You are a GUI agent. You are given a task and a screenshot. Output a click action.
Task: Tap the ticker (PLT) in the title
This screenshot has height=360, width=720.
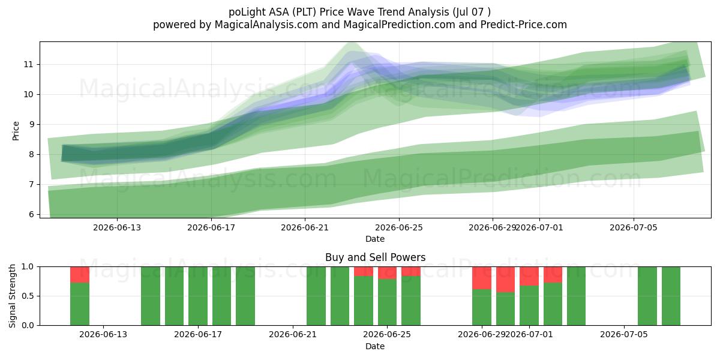click(x=303, y=12)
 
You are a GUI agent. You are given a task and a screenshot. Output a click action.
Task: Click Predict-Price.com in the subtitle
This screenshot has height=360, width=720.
click(x=524, y=25)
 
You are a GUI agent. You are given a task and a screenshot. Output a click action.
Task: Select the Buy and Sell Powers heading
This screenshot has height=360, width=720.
click(x=375, y=257)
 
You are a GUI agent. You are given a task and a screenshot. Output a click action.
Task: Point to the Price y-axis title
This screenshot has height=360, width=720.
click(x=16, y=131)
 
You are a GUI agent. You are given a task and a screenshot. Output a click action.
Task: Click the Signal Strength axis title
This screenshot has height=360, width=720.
click(x=12, y=296)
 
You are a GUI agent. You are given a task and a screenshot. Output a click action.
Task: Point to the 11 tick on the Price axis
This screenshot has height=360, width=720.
click(x=28, y=65)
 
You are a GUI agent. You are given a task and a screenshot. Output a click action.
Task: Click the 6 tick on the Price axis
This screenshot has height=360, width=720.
click(x=31, y=214)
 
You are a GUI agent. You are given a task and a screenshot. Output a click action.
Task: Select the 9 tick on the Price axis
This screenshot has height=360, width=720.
click(x=31, y=124)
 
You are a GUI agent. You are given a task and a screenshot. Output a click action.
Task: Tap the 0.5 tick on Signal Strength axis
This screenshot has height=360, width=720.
click(x=28, y=296)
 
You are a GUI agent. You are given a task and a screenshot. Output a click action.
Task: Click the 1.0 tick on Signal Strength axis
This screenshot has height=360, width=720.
click(x=28, y=266)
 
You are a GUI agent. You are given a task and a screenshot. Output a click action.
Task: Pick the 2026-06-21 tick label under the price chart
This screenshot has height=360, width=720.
click(x=305, y=227)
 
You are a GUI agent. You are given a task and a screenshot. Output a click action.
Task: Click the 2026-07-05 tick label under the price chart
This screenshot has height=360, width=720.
click(x=634, y=227)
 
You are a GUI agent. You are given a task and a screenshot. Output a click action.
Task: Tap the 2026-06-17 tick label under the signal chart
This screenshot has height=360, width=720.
click(x=197, y=334)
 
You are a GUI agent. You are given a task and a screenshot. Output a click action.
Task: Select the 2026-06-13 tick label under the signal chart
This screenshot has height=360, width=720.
click(x=103, y=334)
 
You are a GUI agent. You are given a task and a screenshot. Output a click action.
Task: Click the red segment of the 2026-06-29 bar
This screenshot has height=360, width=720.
click(x=482, y=278)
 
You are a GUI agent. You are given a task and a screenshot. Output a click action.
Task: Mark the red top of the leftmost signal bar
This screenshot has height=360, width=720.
click(x=80, y=275)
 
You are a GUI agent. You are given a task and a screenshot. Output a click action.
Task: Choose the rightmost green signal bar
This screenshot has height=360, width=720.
click(x=671, y=296)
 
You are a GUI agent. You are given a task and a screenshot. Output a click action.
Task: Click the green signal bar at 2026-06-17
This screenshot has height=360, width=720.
click(x=198, y=296)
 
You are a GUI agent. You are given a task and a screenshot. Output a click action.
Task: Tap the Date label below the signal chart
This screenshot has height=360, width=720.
click(x=375, y=346)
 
